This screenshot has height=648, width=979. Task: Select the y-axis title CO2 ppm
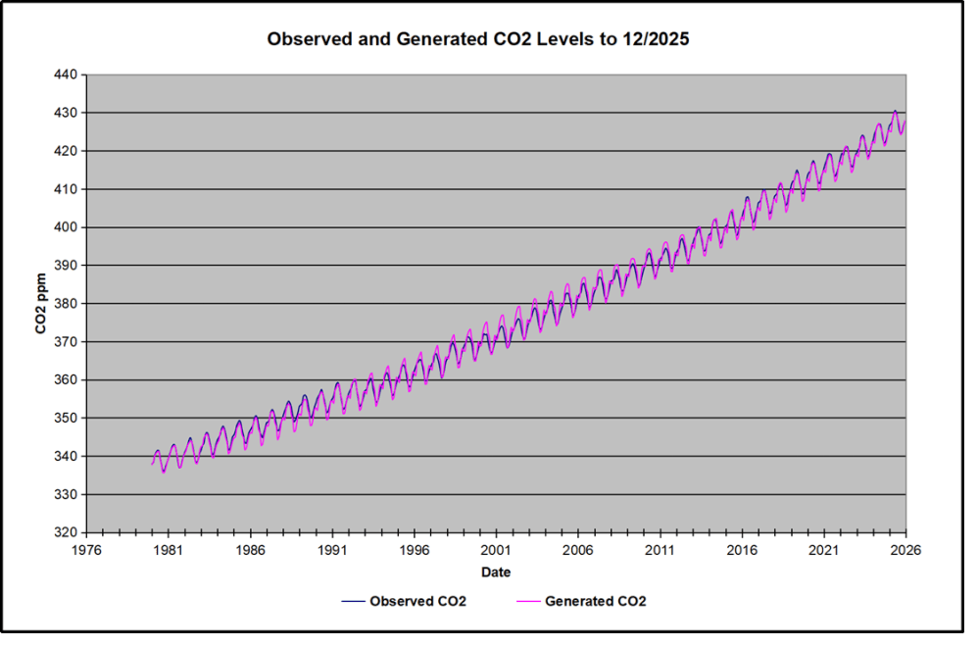pyautogui.click(x=43, y=304)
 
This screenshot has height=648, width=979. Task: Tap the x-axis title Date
pyautogui.click(x=495, y=572)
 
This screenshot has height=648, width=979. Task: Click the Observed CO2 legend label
pyautogui.click(x=417, y=601)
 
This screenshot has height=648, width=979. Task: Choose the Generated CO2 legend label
pyautogui.click(x=596, y=601)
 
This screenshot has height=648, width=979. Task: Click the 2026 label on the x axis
pyautogui.click(x=906, y=551)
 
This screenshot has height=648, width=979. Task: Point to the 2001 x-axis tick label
pyautogui.click(x=496, y=551)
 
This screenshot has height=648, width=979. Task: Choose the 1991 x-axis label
pyautogui.click(x=332, y=551)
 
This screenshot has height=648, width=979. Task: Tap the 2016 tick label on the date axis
pyautogui.click(x=742, y=551)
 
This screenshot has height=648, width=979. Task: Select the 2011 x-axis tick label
pyautogui.click(x=660, y=551)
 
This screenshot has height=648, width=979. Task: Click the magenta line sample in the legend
pyautogui.click(x=528, y=601)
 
